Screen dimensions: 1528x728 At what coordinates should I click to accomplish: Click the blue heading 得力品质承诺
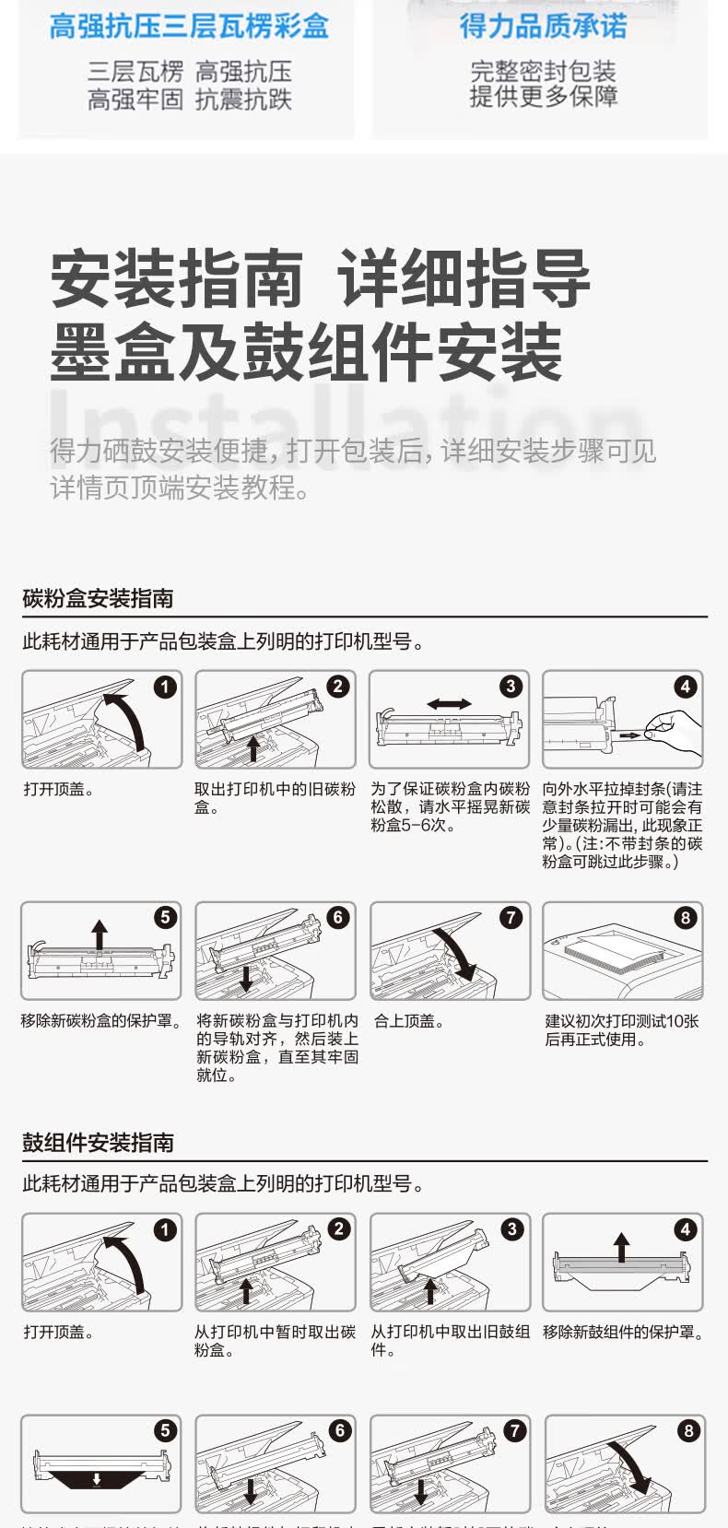(543, 26)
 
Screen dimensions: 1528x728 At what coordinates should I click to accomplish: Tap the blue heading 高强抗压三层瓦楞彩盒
(189, 26)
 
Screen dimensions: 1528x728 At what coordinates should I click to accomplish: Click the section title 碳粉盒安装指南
(98, 599)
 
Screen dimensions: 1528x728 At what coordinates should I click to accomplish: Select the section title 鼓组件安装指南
(98, 1143)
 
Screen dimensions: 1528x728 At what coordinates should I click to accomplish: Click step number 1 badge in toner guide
(165, 687)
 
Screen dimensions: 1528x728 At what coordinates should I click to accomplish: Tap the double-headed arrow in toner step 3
(449, 704)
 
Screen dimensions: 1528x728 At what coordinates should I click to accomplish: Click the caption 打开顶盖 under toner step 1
(59, 790)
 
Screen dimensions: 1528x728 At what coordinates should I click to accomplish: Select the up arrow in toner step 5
(99, 934)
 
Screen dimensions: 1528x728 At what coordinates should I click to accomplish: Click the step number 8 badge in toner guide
(685, 918)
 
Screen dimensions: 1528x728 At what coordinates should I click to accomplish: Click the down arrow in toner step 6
(245, 977)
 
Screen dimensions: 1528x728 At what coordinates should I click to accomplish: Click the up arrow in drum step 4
(622, 1247)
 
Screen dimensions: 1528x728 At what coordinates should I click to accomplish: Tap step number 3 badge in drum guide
(511, 1229)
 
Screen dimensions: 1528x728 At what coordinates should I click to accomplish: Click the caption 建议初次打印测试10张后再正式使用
(621, 1030)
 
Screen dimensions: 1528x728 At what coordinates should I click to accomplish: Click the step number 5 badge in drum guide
(165, 1430)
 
